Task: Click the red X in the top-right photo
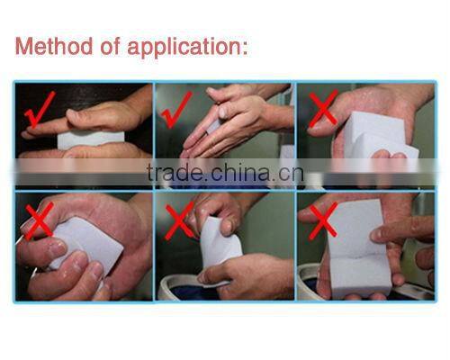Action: pyautogui.click(x=322, y=109)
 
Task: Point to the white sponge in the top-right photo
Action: pyautogui.click(x=379, y=135)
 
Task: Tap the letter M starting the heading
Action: pyautogui.click(x=25, y=46)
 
